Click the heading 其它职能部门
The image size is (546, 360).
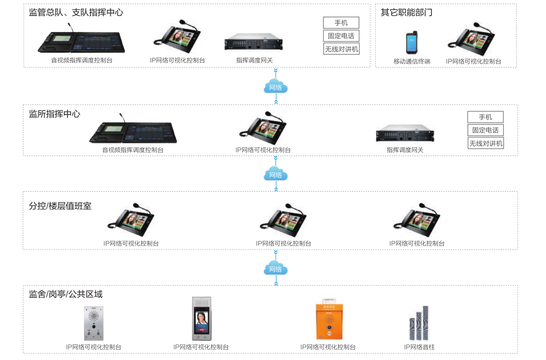click(x=406, y=13)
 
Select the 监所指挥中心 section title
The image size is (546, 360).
click(x=54, y=114)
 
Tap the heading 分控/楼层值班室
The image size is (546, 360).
click(x=60, y=206)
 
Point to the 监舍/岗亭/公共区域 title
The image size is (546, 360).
click(x=66, y=294)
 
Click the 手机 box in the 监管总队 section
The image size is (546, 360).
click(x=341, y=23)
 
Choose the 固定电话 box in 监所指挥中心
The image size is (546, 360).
click(x=485, y=130)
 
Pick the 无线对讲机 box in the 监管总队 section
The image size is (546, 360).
click(x=341, y=49)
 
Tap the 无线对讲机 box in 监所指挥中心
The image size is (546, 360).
click(x=485, y=143)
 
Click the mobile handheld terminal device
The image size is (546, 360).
click(x=412, y=43)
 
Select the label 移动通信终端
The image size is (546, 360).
click(x=412, y=62)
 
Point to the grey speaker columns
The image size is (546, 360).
click(x=419, y=323)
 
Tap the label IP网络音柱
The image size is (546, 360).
click(x=419, y=347)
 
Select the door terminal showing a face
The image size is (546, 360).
click(x=201, y=319)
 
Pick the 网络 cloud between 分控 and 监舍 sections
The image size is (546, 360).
click(x=276, y=269)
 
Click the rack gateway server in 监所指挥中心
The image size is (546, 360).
click(x=405, y=134)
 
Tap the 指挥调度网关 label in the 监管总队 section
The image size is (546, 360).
click(x=254, y=60)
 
